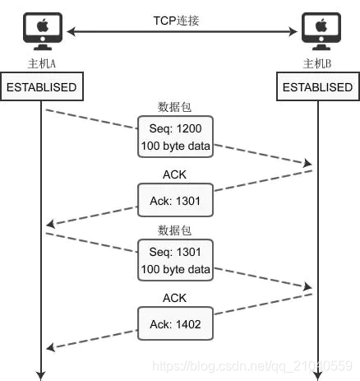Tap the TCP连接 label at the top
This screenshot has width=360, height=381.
(180, 19)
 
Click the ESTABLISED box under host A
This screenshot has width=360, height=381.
(41, 87)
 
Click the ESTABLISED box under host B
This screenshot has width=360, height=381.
(317, 87)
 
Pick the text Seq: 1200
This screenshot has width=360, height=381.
(174, 129)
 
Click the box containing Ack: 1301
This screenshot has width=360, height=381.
(174, 198)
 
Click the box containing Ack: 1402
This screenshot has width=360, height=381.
(174, 324)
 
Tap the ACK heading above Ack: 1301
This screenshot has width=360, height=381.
(174, 174)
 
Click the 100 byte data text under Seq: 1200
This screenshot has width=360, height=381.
(174, 146)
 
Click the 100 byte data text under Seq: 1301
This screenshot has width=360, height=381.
(174, 270)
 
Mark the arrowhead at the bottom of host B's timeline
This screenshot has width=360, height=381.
(317, 374)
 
